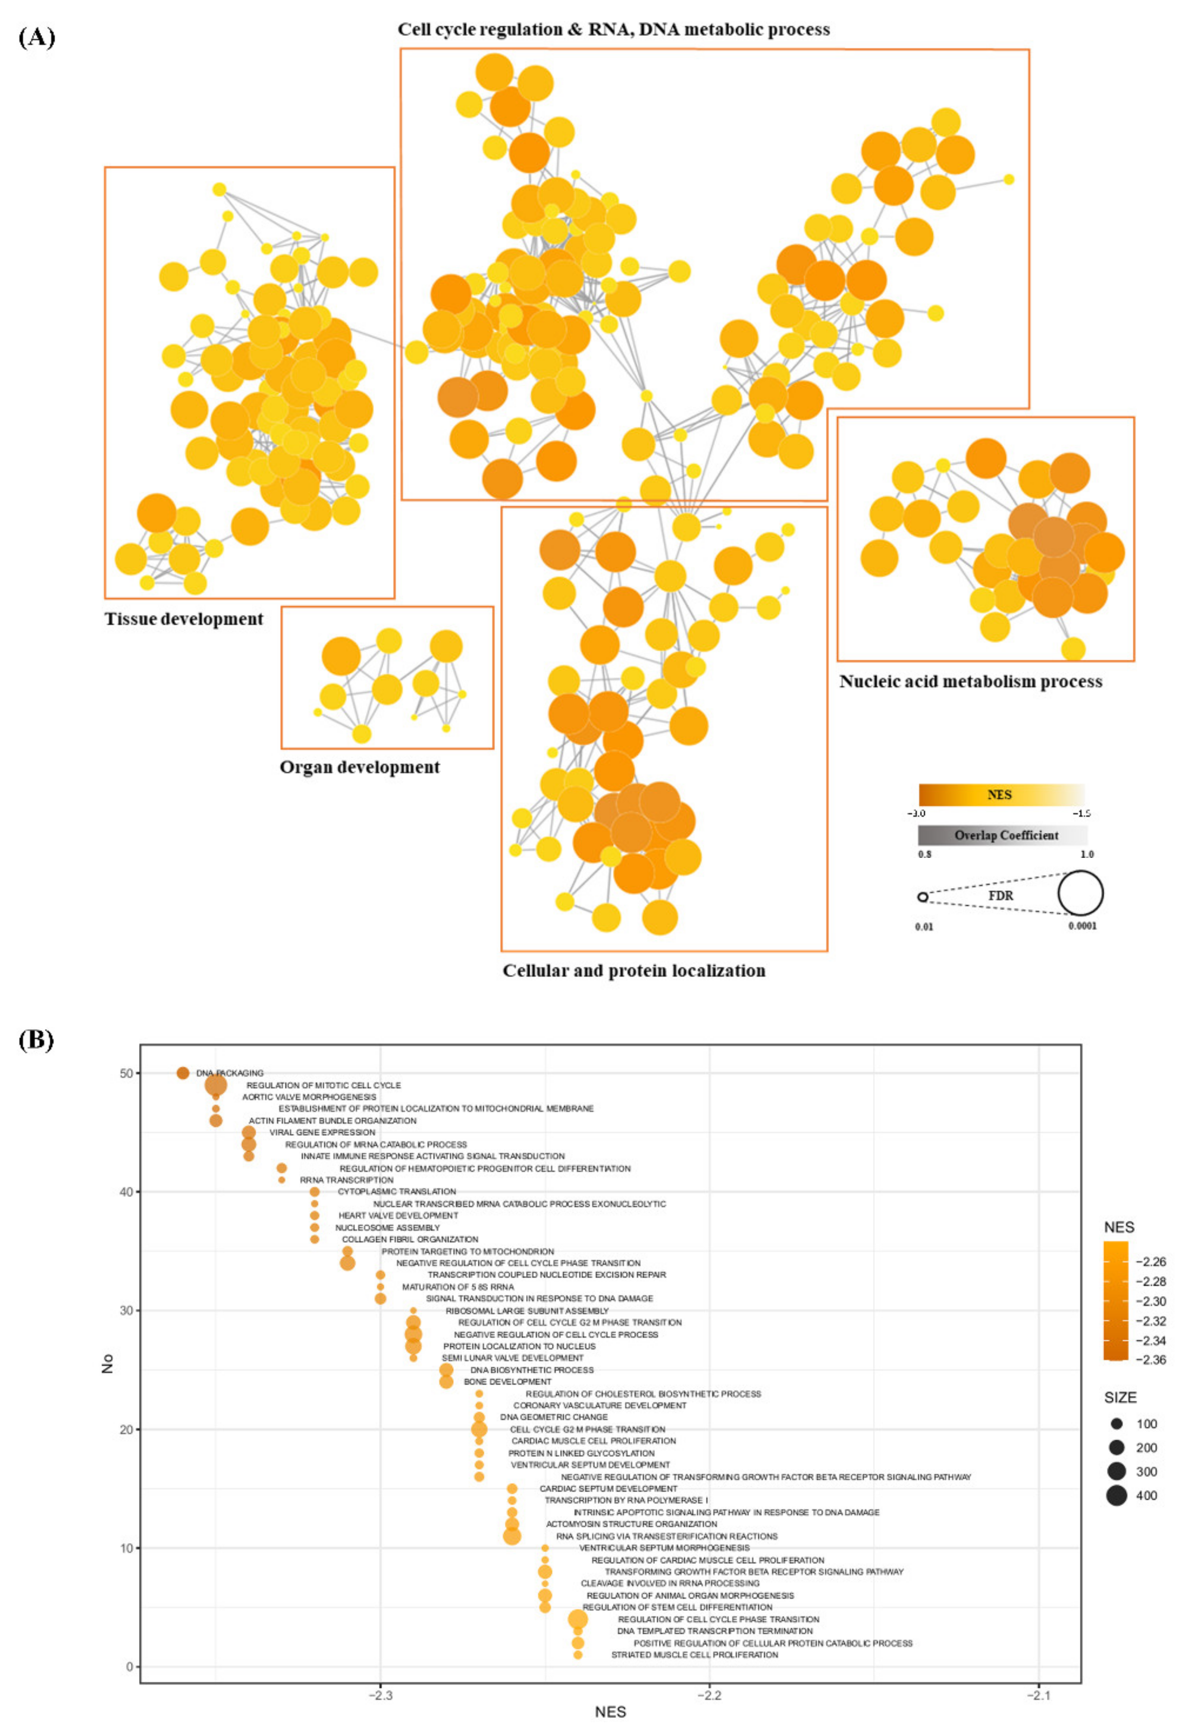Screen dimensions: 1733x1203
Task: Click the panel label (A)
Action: (36, 38)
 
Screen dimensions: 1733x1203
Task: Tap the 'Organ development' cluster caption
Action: (359, 767)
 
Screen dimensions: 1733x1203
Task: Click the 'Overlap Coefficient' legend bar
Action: (1002, 835)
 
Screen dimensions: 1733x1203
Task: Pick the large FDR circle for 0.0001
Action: (1080, 893)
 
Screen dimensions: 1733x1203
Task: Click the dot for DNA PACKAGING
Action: (183, 1073)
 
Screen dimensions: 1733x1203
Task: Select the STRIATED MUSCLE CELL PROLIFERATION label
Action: (694, 1655)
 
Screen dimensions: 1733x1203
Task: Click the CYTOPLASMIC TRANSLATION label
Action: (397, 1192)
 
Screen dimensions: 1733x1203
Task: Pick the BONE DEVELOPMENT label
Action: (507, 1382)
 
